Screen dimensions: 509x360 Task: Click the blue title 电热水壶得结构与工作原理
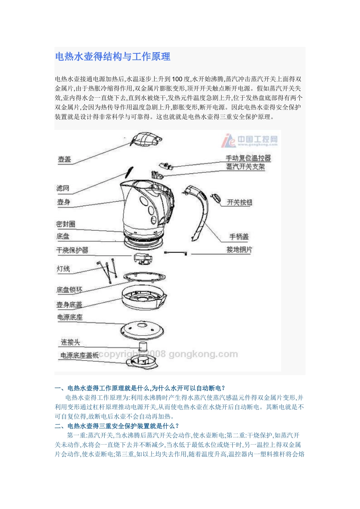tap(113, 57)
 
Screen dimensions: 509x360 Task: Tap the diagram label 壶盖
tap(64, 159)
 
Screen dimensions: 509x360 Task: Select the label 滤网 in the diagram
tap(63, 188)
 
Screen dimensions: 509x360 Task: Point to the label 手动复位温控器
tap(248, 158)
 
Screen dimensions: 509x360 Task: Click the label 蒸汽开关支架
tap(245, 167)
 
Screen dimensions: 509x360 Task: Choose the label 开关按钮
tap(239, 202)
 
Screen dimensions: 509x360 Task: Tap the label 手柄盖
tap(239, 237)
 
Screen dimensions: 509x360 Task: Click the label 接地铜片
tap(239, 250)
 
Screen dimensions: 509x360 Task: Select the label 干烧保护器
tap(72, 250)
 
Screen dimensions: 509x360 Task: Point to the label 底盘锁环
tap(69, 290)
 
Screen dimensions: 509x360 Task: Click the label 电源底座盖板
tap(79, 355)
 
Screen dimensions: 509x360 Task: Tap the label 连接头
tap(70, 342)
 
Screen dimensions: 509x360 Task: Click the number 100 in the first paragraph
tap(177, 79)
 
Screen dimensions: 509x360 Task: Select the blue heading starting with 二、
tap(117, 426)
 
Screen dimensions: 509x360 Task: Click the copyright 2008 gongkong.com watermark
tap(169, 354)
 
